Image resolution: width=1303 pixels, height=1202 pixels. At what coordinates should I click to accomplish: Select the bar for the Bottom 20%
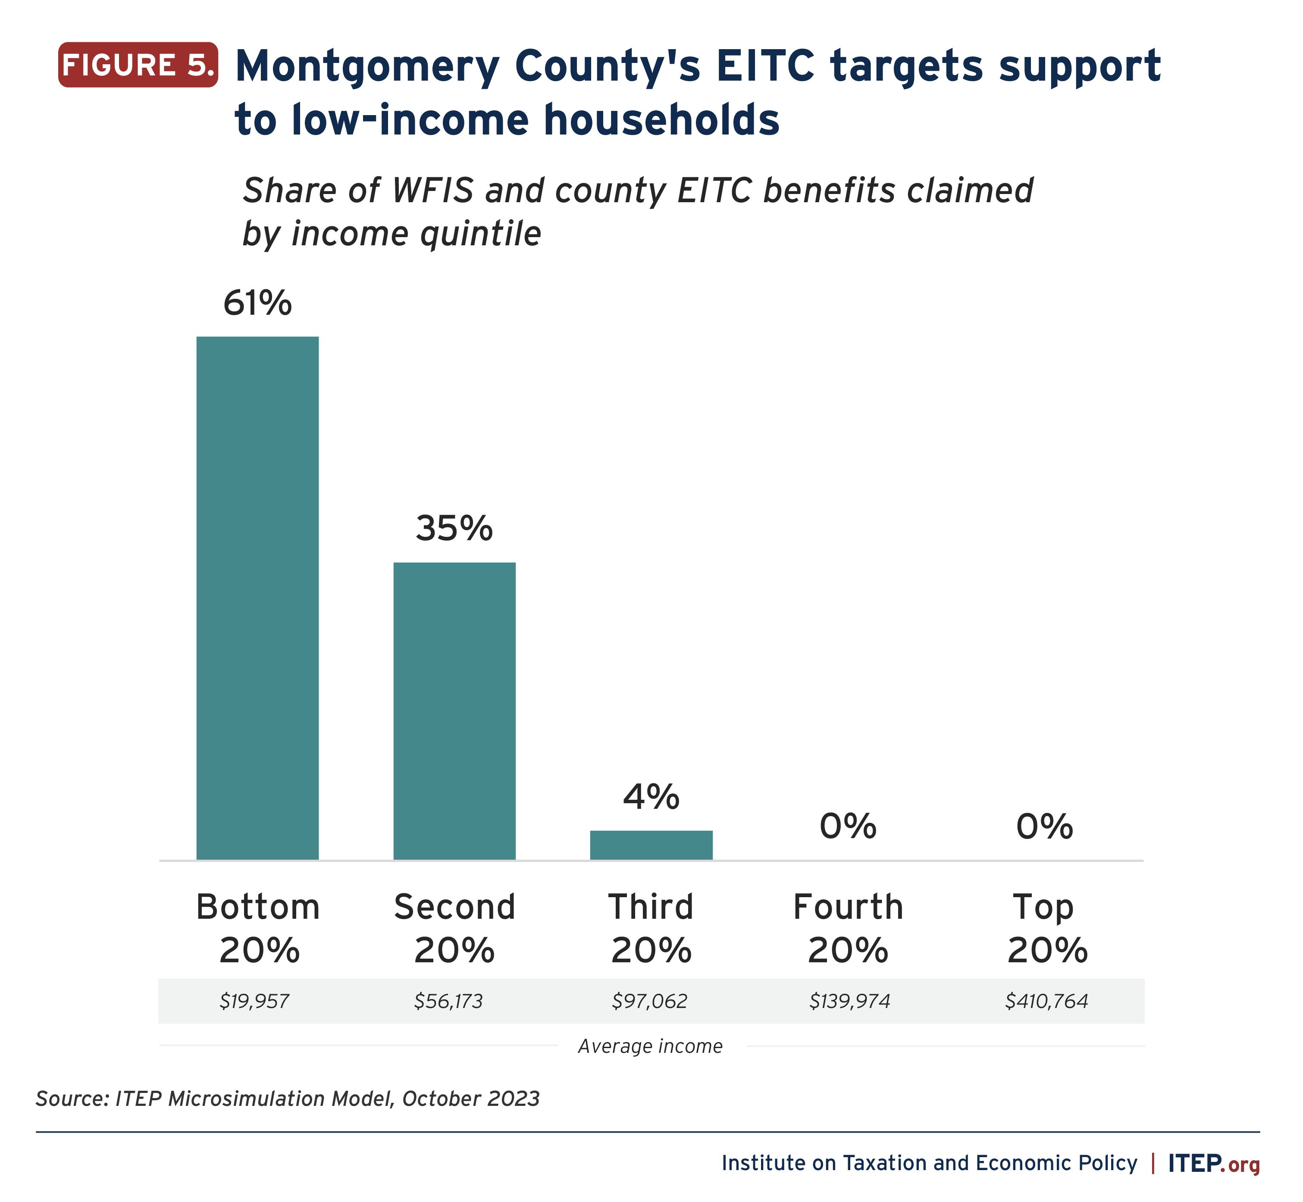click(x=257, y=598)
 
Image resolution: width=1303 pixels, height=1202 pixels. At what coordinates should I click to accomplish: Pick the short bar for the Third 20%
click(x=651, y=845)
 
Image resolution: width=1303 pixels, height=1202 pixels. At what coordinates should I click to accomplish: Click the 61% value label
click(x=257, y=303)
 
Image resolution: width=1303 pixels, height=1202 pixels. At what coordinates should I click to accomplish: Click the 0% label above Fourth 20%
click(x=848, y=827)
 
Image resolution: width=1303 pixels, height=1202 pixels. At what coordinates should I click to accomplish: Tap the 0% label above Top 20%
click(x=1045, y=827)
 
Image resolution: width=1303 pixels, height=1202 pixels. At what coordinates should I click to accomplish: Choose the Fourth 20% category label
click(x=848, y=928)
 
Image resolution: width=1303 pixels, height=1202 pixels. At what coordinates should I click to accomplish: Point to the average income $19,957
click(x=254, y=1001)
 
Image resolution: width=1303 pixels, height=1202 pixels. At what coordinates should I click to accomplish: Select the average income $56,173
click(x=449, y=1001)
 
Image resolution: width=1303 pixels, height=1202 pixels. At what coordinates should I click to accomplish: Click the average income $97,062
click(x=650, y=1001)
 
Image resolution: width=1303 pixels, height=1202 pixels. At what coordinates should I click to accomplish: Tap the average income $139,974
click(x=849, y=1001)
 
